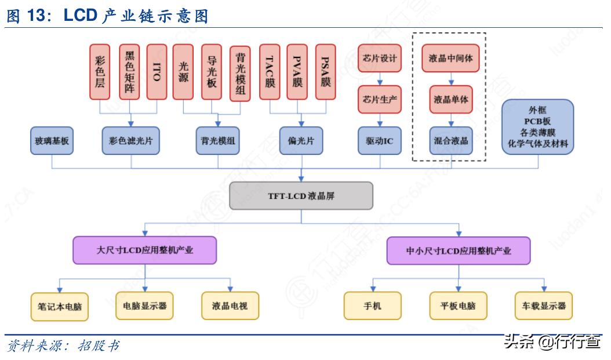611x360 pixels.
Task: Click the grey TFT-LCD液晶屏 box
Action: tap(301, 196)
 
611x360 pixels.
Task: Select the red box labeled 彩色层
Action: tap(100, 71)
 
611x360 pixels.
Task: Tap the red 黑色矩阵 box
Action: tap(129, 71)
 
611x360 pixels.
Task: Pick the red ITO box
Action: tap(157, 71)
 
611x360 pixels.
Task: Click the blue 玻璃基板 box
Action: tap(52, 141)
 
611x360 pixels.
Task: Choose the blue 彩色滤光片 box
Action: tap(130, 141)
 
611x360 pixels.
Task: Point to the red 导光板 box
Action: tap(212, 71)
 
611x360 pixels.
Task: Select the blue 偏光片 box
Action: tap(301, 141)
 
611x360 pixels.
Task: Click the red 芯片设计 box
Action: tap(380, 59)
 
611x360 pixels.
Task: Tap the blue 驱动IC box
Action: tap(380, 141)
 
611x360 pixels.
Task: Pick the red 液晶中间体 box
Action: tap(450, 59)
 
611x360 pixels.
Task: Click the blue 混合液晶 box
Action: tap(450, 141)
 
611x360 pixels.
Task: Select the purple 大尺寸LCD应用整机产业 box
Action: tap(144, 250)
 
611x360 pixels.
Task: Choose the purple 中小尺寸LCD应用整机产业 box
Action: tap(458, 251)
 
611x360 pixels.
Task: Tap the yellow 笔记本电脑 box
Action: tap(59, 306)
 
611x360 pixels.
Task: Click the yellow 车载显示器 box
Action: tap(544, 306)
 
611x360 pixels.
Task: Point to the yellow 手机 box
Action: tap(372, 306)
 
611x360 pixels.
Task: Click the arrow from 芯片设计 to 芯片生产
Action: tap(380, 79)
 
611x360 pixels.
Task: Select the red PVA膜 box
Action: tap(297, 71)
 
